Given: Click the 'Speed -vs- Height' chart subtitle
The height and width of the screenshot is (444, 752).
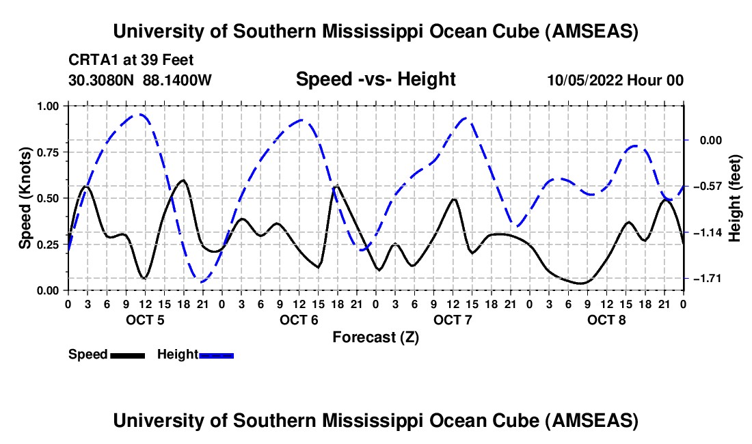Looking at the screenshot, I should [375, 79].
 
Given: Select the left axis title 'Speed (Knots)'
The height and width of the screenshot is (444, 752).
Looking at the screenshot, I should [25, 198].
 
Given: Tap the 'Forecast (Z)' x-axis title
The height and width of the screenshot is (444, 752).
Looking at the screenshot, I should [375, 337].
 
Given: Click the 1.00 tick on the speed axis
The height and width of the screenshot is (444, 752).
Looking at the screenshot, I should [49, 106].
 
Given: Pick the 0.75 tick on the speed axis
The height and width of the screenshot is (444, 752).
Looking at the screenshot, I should [49, 152].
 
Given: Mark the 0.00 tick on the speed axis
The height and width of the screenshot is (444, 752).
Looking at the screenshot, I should [49, 290].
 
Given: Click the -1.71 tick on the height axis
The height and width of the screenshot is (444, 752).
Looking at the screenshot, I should [708, 279].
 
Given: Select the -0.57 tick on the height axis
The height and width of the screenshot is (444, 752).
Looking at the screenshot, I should [708, 186].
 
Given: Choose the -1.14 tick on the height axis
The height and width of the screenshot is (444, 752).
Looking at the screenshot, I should [708, 233].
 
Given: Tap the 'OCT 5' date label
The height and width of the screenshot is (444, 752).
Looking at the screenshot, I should [145, 320].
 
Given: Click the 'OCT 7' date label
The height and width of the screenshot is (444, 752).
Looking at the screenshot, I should [453, 320].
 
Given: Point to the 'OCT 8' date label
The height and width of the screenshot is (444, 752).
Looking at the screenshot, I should [606, 320].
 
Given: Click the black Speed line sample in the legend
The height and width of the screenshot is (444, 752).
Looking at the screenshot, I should [127, 355].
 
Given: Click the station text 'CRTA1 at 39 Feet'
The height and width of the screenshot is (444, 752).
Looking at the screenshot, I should [126, 59].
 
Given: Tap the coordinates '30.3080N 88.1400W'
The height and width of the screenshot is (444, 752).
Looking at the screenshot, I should [140, 80].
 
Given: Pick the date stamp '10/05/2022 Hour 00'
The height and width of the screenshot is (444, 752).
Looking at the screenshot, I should [615, 80].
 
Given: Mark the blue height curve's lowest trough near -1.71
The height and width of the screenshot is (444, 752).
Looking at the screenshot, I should [201, 280].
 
